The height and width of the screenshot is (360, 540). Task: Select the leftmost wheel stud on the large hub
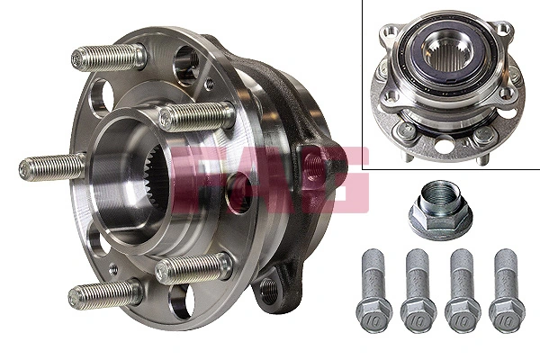[50, 167]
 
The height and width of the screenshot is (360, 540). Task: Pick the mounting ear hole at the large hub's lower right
[269, 289]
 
